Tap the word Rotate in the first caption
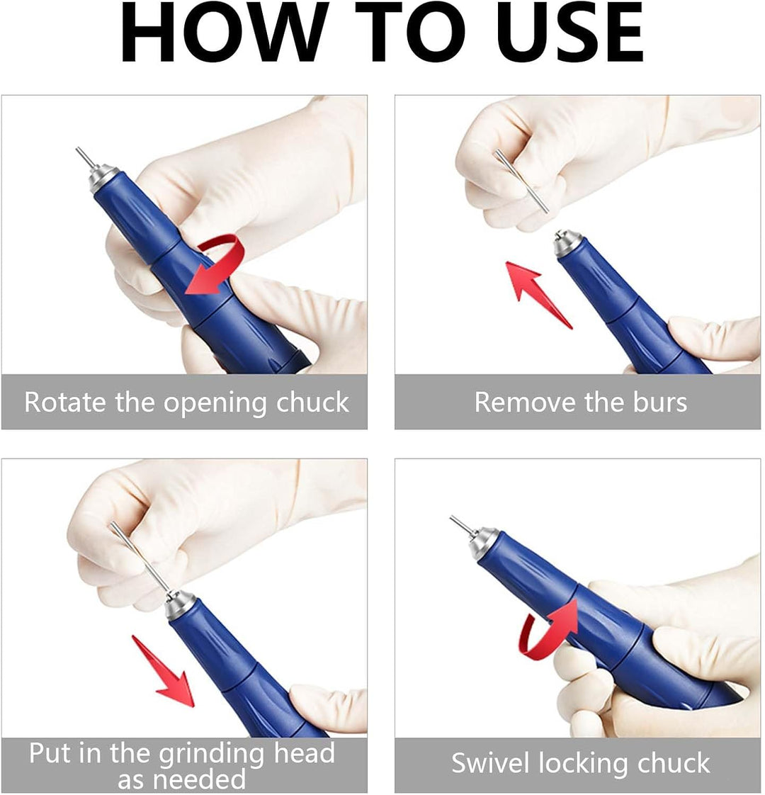tap(64, 402)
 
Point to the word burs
tap(659, 402)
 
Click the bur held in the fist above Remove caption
tap(521, 181)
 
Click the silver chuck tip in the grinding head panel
tap(180, 605)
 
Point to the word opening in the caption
tap(215, 403)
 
